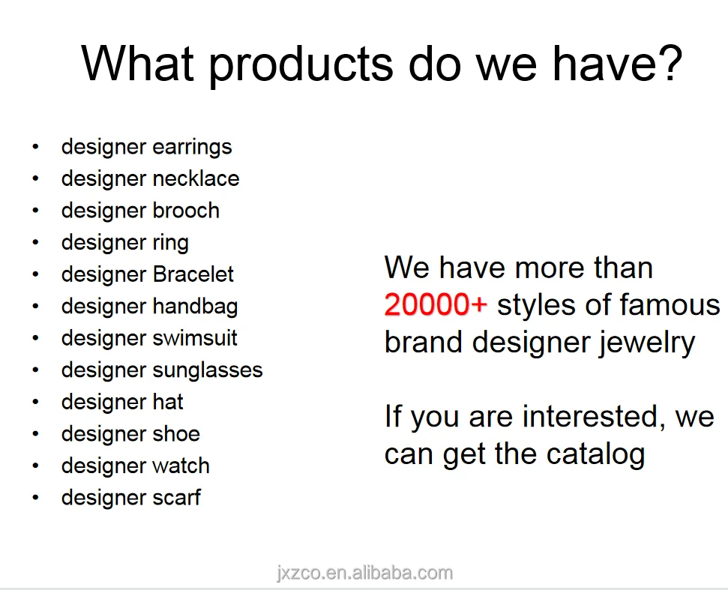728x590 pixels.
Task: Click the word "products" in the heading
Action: click(x=301, y=64)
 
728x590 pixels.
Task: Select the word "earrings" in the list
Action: click(x=192, y=148)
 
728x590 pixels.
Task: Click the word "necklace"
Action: click(x=196, y=178)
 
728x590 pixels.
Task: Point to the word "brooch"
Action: click(x=186, y=210)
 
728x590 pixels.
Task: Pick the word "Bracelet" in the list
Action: click(x=193, y=274)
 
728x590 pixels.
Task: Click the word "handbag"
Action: click(x=195, y=307)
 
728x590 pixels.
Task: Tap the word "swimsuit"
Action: click(x=194, y=338)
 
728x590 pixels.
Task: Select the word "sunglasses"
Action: click(x=208, y=371)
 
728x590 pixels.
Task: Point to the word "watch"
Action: click(x=181, y=465)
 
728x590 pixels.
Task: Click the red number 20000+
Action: click(x=436, y=305)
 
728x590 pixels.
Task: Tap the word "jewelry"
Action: click(x=646, y=343)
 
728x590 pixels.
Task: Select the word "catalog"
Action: click(x=596, y=454)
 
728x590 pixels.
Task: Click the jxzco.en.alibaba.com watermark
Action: click(x=364, y=574)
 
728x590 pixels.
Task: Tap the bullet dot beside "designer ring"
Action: click(x=36, y=242)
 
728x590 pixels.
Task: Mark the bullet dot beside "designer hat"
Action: click(x=36, y=402)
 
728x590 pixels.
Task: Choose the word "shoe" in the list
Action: click(x=176, y=433)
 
